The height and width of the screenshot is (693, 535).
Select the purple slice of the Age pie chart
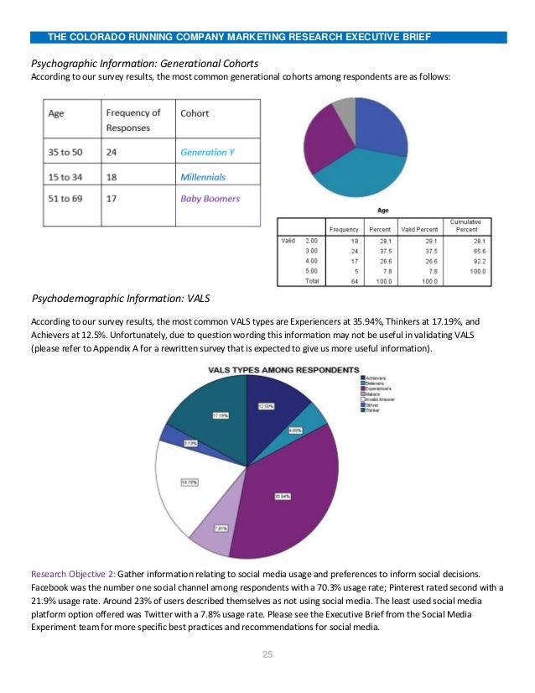tap(321, 138)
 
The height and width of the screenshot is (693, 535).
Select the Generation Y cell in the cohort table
tap(203, 153)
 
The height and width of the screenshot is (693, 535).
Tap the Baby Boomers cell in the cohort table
tap(210, 199)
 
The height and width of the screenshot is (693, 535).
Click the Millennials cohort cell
tap(203, 177)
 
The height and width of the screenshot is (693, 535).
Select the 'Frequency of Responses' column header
tap(132, 120)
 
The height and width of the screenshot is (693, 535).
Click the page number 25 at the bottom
tap(267, 654)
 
